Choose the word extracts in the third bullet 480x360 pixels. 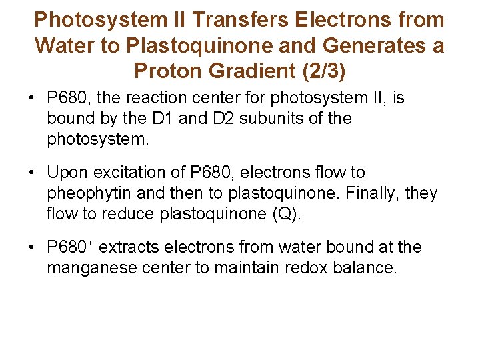pyautogui.click(x=130, y=247)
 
